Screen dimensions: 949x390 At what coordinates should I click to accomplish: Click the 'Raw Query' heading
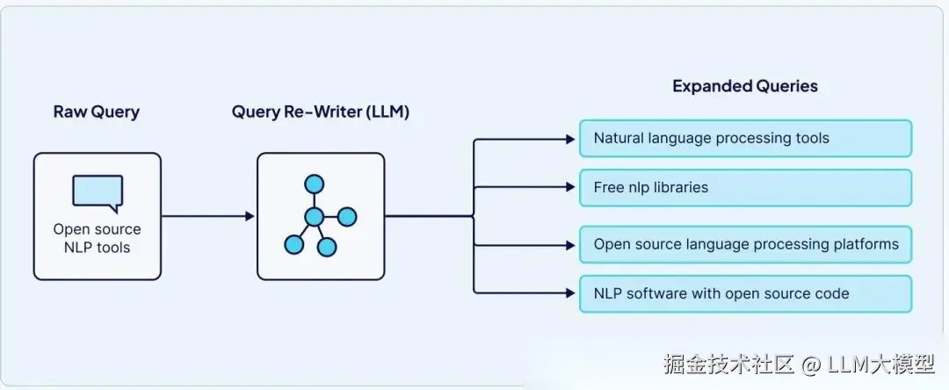coord(97,112)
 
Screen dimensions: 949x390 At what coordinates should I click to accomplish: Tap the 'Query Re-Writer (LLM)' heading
coord(320,112)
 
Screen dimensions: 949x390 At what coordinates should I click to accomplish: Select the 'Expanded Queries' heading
coord(745,86)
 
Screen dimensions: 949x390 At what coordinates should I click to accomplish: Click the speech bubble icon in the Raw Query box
coord(98,193)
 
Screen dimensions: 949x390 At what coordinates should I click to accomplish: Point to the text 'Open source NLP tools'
coord(97,238)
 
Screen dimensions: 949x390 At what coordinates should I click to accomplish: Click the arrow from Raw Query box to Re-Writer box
coord(208,216)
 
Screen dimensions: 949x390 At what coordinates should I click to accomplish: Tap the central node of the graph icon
coord(314,216)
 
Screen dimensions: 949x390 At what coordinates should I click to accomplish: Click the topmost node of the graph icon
coord(314,184)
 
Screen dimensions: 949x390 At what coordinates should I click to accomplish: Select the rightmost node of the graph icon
coord(347,216)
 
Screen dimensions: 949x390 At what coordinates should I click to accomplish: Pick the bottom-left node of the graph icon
coord(293,244)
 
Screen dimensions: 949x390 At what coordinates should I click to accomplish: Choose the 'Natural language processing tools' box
coord(746,139)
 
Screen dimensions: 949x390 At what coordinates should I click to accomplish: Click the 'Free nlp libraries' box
coord(746,188)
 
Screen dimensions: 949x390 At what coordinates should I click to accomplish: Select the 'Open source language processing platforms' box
coord(746,244)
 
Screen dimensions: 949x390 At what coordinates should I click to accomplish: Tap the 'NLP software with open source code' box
coord(746,294)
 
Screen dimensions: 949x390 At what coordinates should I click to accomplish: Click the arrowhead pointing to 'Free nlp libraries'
coord(570,187)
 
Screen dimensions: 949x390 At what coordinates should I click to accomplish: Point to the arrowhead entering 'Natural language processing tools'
coord(570,140)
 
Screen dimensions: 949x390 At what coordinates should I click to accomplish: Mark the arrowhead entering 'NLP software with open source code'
coord(570,293)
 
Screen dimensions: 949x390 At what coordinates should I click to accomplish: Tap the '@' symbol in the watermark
coord(812,364)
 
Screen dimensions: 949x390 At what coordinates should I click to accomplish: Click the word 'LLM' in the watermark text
coord(848,364)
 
